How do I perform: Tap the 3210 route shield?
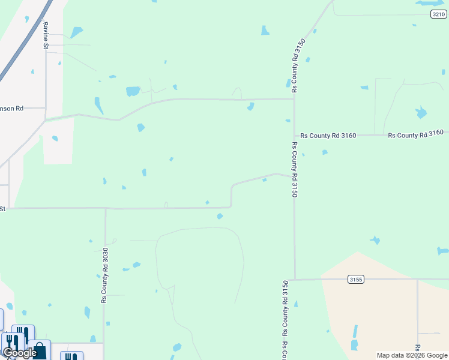pyautogui.click(x=438, y=14)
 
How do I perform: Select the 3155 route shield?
pyautogui.click(x=356, y=279)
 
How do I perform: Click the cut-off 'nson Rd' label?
pyautogui.click(x=11, y=109)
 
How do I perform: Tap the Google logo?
pyautogui.click(x=20, y=353)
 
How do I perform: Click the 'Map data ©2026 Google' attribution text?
pyautogui.click(x=412, y=355)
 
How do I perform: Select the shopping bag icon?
pyautogui.click(x=39, y=350)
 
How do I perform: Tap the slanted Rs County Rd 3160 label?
pyautogui.click(x=415, y=134)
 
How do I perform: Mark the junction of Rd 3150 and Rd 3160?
pyautogui.click(x=294, y=136)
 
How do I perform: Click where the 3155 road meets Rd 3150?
pyautogui.click(x=295, y=279)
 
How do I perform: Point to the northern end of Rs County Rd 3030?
pyautogui.click(x=106, y=209)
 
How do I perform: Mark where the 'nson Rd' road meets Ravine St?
pyautogui.click(x=46, y=108)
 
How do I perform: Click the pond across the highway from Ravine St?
pyautogui.click(x=76, y=32)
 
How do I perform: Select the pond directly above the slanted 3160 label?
pyautogui.click(x=421, y=112)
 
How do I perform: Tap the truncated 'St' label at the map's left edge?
pyautogui.click(x=2, y=209)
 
